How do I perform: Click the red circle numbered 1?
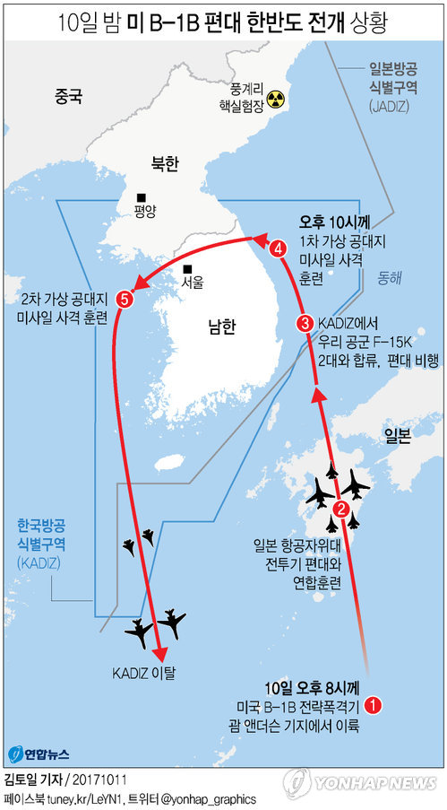click(376, 704)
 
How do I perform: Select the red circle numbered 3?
click(306, 324)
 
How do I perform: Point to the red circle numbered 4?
click(279, 248)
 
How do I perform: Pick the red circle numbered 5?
click(125, 299)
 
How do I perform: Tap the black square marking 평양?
click(141, 198)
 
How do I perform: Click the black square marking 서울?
click(188, 268)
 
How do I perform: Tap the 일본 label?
click(397, 435)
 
